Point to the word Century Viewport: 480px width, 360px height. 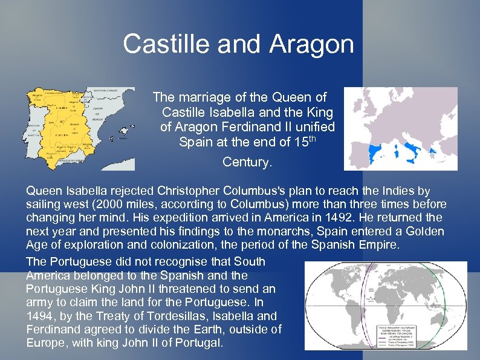(247, 162)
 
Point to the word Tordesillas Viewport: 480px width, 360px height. (181, 316)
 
